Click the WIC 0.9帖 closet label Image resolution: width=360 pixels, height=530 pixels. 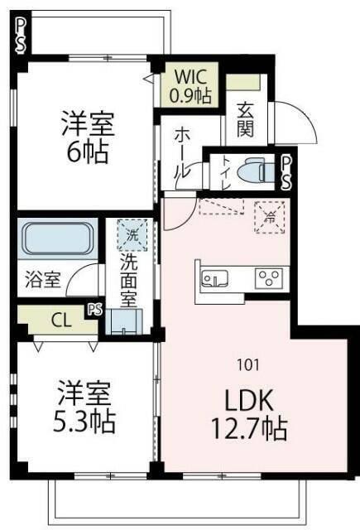[x=191, y=84]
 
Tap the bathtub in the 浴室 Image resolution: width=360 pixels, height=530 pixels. [x=56, y=239]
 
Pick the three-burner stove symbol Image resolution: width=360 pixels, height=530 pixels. [x=269, y=277]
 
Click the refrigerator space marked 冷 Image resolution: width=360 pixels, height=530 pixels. [x=270, y=217]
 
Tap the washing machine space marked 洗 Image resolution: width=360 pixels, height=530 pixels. [x=131, y=235]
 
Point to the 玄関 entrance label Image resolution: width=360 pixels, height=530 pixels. [x=246, y=118]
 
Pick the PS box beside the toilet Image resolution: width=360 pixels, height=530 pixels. [x=286, y=172]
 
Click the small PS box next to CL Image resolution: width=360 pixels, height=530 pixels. [x=95, y=311]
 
